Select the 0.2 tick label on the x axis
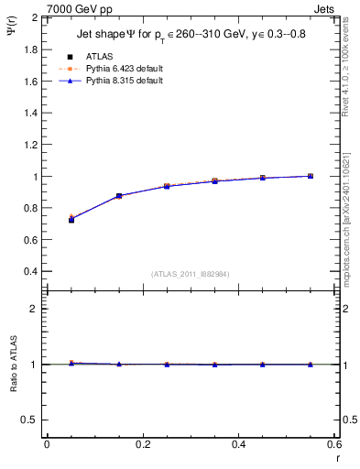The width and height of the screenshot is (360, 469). pyautogui.click(x=142, y=444)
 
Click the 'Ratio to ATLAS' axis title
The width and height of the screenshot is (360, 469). pyautogui.click(x=12, y=364)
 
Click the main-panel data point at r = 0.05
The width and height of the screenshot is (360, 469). pyautogui.click(x=71, y=220)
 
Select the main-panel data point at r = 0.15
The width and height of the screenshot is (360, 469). pyautogui.click(x=119, y=196)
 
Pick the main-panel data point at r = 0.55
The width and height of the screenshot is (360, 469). pyautogui.click(x=311, y=176)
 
